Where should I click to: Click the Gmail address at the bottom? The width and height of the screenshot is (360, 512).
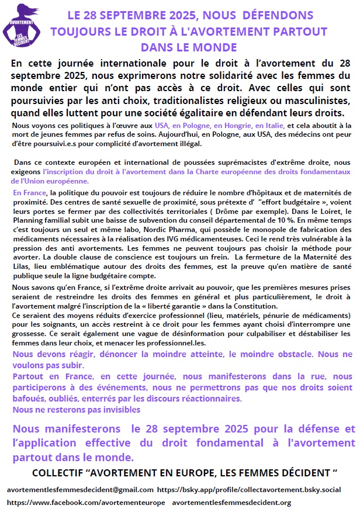pos(80,490)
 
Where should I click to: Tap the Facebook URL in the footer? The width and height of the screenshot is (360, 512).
pos(86,503)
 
